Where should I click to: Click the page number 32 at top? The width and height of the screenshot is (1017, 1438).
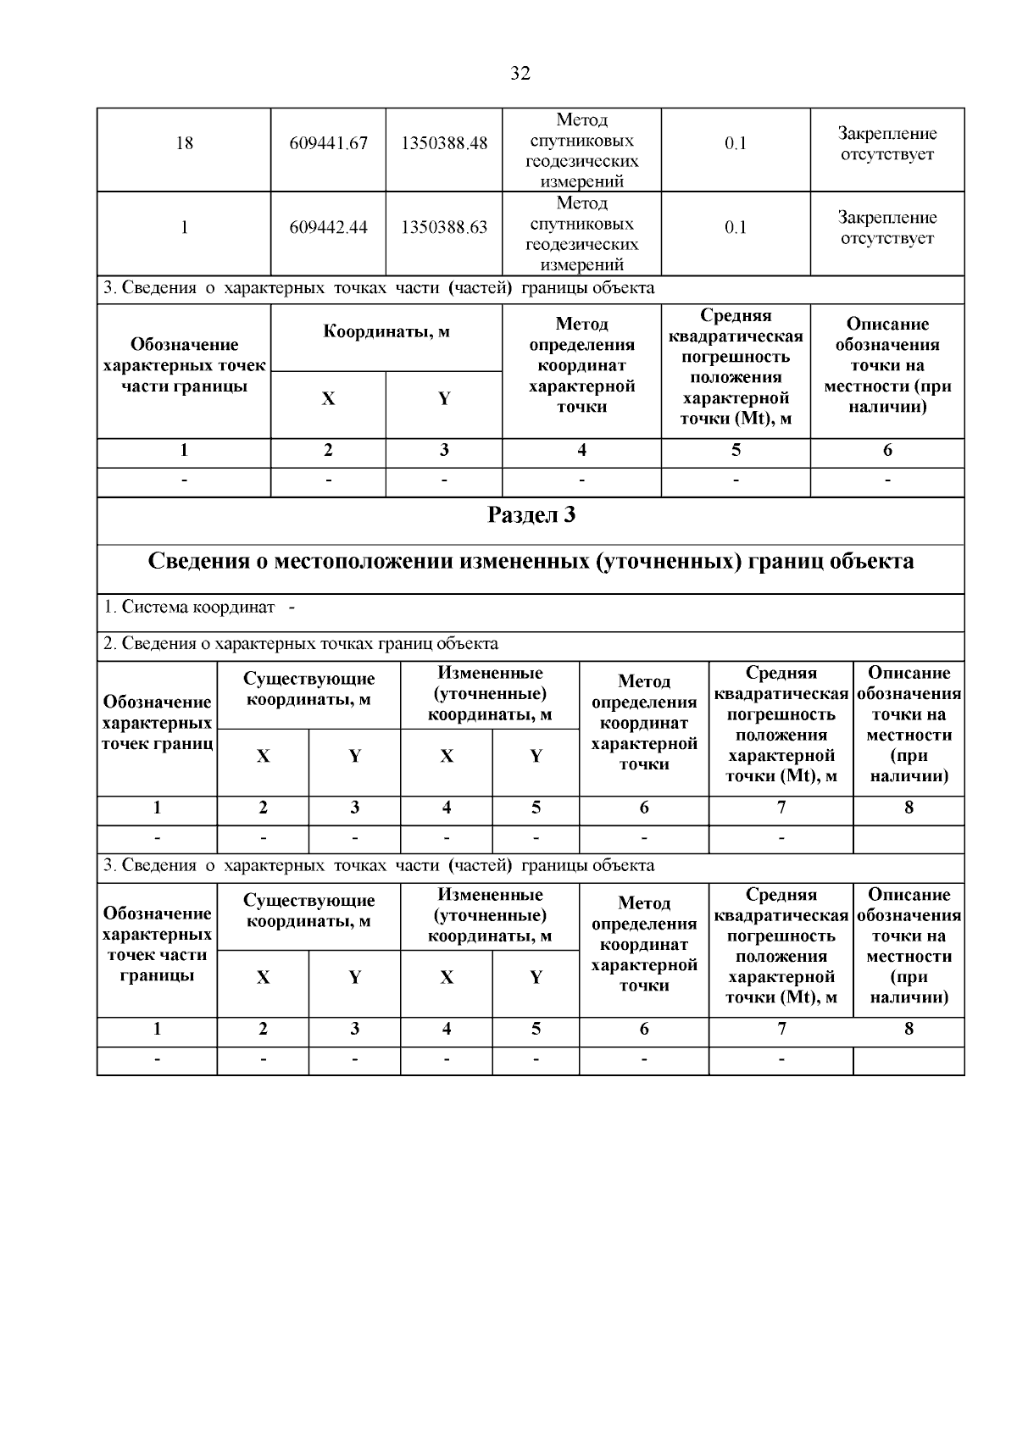coord(520,74)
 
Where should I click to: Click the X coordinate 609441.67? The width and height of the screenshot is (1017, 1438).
coord(328,143)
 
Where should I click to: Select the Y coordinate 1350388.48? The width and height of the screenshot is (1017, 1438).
coord(444,143)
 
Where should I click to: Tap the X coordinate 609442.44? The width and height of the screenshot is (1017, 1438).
coord(328,227)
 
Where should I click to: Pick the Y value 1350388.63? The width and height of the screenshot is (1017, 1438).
coord(444,227)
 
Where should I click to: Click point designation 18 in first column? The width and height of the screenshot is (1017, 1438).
coord(184,143)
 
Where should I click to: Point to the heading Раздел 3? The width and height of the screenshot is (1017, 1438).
coord(531,514)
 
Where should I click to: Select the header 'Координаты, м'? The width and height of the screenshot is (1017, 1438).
coord(386,331)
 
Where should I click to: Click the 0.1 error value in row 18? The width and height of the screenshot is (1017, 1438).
coord(736,143)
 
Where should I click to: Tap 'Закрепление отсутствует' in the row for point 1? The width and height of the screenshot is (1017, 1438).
coord(887,227)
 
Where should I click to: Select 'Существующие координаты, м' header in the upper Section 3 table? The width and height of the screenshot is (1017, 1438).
coord(308,689)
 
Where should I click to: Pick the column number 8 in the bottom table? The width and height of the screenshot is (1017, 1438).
coord(909,1029)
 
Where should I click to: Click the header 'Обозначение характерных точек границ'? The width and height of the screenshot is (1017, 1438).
coord(158,723)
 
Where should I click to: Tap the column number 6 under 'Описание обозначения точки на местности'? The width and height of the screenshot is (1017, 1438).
coord(887,450)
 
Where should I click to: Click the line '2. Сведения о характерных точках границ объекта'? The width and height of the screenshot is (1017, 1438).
coord(301,644)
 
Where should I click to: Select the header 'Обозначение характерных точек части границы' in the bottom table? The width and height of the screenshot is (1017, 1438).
coord(158,944)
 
